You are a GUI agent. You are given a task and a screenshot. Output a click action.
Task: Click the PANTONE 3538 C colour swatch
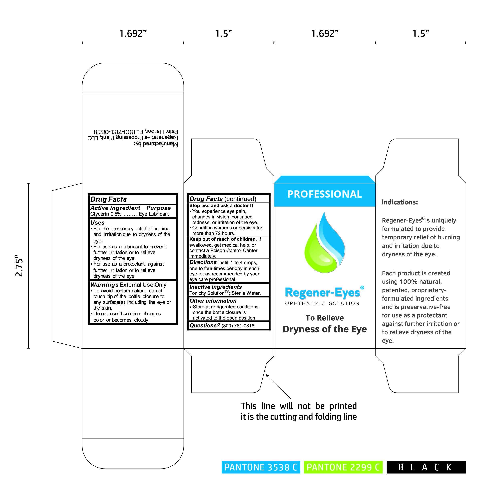point(261,467)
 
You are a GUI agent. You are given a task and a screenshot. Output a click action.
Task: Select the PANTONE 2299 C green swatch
point(343,467)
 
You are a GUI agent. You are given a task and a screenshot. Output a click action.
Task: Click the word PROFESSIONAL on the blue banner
point(325,194)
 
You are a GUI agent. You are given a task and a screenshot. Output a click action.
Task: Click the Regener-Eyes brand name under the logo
point(323,293)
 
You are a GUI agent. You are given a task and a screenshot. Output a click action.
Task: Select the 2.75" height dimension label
point(19,266)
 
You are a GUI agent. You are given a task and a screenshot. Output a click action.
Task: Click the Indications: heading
point(400,202)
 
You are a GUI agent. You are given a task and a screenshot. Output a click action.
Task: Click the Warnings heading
point(104,285)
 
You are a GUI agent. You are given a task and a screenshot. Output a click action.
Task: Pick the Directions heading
point(203,262)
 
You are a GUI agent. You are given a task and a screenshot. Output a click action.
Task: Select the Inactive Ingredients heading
point(215,287)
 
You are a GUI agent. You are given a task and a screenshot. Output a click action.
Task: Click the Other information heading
point(213,301)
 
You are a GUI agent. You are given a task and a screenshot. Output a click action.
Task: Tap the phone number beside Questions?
point(238,326)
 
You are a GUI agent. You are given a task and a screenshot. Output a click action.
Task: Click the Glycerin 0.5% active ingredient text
point(106,214)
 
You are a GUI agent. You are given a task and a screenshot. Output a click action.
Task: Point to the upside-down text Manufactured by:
point(156,144)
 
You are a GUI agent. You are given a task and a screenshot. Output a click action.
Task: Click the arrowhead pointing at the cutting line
point(267,376)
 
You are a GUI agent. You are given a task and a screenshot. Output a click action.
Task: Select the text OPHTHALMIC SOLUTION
point(322,303)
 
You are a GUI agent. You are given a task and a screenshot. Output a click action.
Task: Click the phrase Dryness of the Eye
point(325,329)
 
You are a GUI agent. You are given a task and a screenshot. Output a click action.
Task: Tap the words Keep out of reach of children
point(223,239)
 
